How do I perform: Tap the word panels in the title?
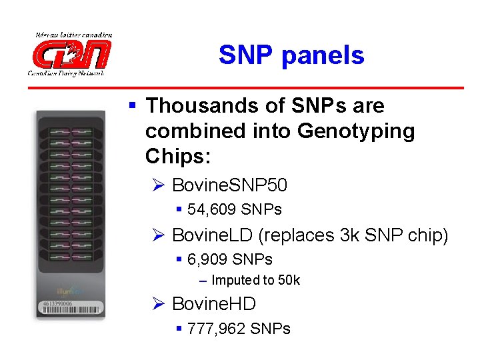click(x=323, y=55)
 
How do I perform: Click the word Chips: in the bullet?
click(x=178, y=157)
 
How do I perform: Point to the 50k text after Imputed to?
click(x=288, y=281)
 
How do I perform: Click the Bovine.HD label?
click(x=213, y=304)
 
